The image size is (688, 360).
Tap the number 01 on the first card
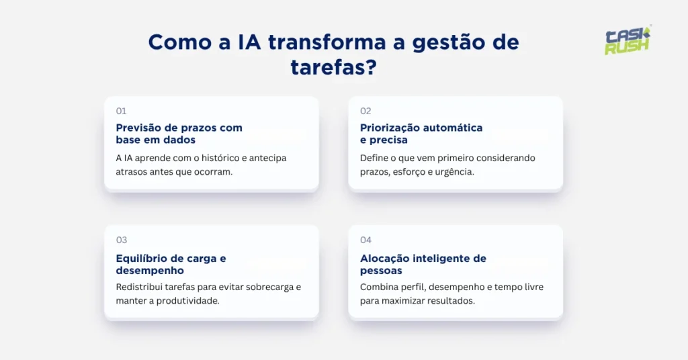pyautogui.click(x=121, y=111)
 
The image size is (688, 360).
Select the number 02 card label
pyautogui.click(x=365, y=111)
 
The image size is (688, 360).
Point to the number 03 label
pyautogui.click(x=122, y=240)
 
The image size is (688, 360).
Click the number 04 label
pyautogui.click(x=366, y=240)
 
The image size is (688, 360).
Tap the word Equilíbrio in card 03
pyautogui.click(x=140, y=259)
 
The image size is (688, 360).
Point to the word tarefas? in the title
pyautogui.click(x=333, y=66)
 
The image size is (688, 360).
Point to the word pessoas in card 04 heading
pyautogui.click(x=381, y=271)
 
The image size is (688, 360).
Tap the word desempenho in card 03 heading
pyautogui.click(x=150, y=271)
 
